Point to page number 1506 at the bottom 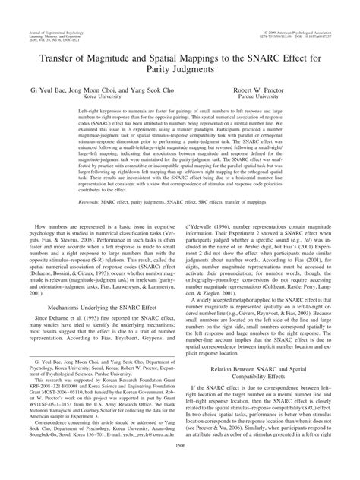click(x=180, y=469)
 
